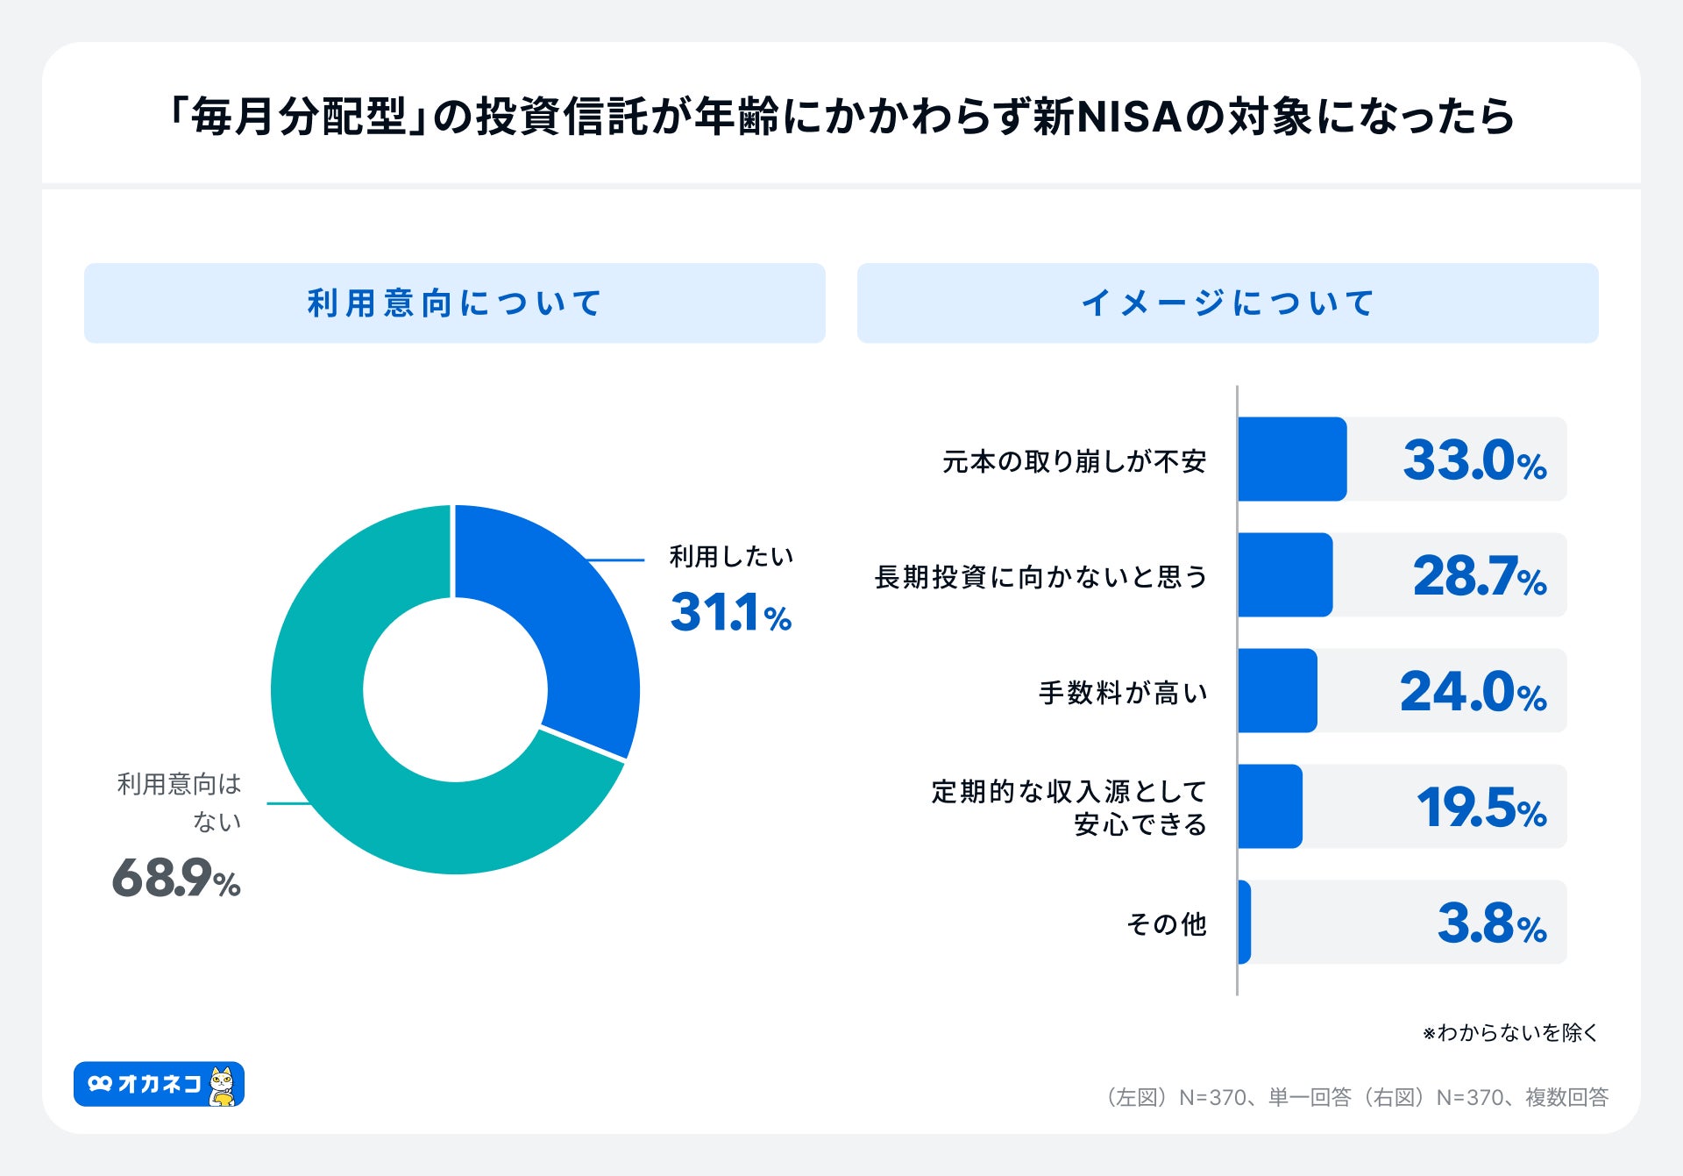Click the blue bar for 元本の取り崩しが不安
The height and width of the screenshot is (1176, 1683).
1292,460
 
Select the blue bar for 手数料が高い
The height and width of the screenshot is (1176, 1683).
1277,691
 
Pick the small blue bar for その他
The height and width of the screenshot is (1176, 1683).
1245,923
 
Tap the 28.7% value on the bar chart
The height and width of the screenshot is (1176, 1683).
1479,576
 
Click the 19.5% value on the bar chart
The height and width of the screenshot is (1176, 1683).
1481,808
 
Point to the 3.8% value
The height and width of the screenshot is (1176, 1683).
1491,923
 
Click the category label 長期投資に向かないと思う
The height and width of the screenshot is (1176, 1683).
1040,577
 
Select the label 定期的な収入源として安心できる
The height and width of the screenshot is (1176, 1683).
1069,808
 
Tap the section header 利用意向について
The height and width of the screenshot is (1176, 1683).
454,303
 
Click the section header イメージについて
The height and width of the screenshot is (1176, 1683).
1227,303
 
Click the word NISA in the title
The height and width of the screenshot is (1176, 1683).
1128,117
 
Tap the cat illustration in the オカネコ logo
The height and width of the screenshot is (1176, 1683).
224,1086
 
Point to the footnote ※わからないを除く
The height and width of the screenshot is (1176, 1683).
1509,1032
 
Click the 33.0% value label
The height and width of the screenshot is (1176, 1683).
1474,460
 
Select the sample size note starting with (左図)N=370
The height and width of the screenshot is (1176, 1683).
1357,1097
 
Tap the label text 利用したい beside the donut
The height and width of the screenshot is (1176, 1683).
731,556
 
